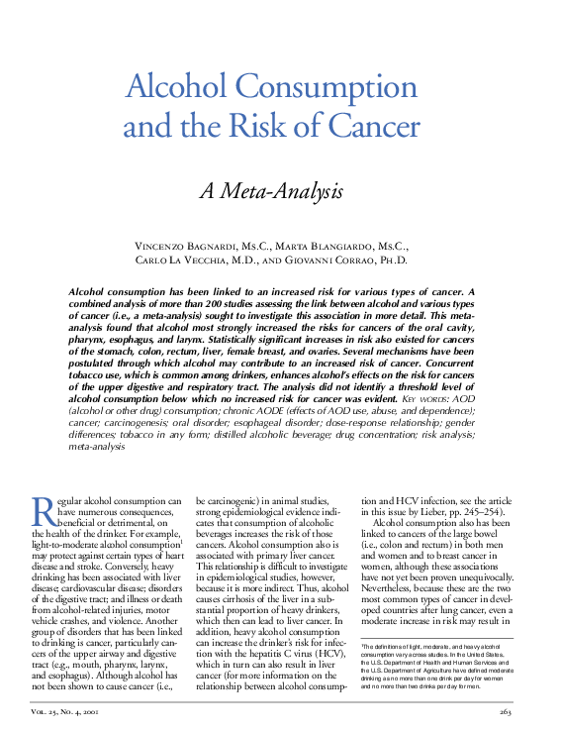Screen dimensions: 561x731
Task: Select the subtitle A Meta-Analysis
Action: [272, 189]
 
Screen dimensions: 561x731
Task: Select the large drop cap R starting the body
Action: [44, 510]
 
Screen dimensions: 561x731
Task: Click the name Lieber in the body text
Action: [432, 511]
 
